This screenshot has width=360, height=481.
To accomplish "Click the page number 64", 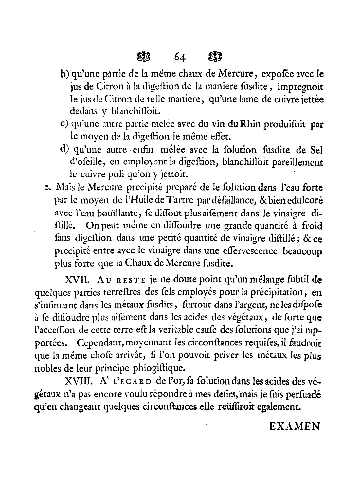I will (180, 57).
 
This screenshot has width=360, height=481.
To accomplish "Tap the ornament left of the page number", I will (143, 57).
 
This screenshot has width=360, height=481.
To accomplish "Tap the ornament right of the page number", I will (215, 57).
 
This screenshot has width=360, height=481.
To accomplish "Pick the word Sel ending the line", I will (315, 150).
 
